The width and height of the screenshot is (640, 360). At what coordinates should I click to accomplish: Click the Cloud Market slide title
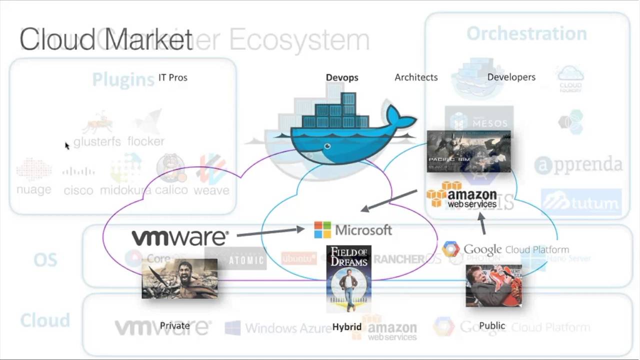coord(106,40)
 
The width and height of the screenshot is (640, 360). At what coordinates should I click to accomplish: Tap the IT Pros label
coord(172,77)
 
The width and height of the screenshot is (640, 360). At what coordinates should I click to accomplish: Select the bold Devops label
coord(342,77)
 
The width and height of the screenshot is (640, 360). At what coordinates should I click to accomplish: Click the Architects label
coord(416,77)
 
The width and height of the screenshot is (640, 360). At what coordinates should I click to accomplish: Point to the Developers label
coord(511,77)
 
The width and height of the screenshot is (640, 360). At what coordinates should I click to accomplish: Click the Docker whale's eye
coord(327,146)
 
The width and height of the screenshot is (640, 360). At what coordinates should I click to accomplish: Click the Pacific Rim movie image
coord(468,151)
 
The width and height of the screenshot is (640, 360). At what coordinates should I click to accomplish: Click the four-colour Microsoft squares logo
coord(322,230)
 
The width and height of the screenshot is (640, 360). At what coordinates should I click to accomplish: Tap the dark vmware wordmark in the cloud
coord(180,237)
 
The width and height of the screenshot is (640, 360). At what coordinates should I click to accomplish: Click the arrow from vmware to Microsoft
coord(270,231)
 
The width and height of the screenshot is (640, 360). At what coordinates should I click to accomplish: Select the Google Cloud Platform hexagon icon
coord(450,249)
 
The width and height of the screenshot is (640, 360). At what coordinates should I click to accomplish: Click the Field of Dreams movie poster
coord(348,278)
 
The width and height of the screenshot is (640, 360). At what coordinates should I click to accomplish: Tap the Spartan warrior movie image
coord(179,278)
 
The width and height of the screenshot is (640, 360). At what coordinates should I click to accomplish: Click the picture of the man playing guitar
coord(493,285)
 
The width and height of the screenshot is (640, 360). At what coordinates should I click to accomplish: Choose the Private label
coord(174,325)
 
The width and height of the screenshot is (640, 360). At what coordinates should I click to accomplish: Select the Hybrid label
coord(346,326)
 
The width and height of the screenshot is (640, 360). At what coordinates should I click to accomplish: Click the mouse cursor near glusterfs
coord(66,145)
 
